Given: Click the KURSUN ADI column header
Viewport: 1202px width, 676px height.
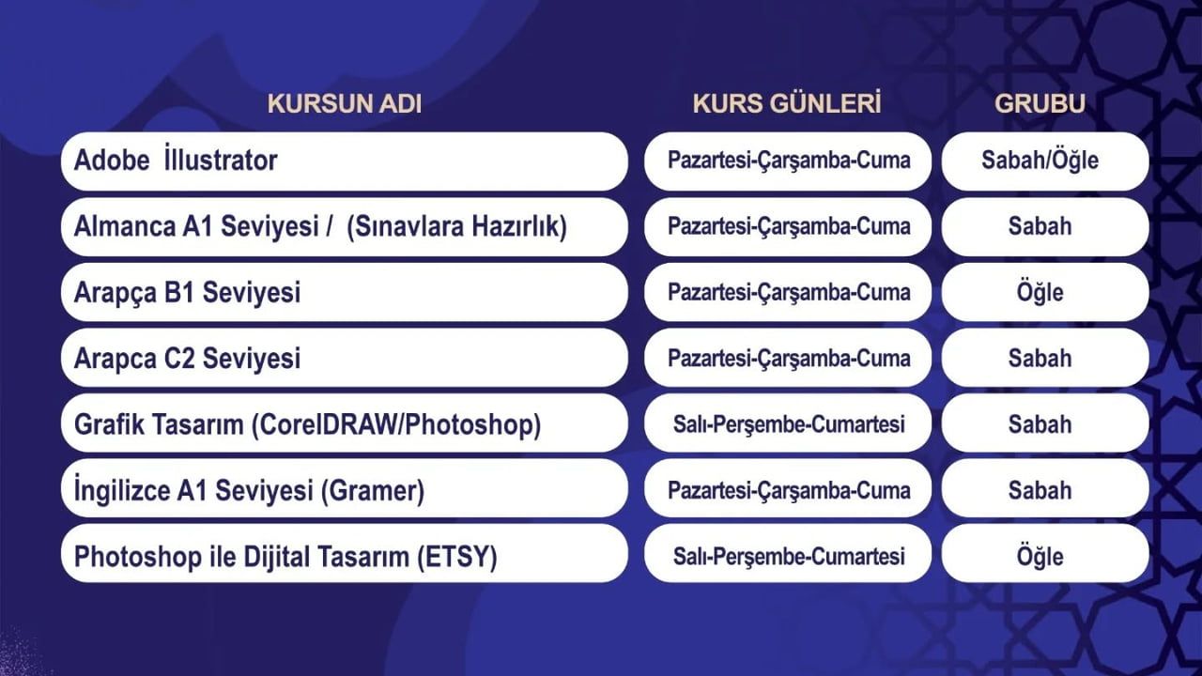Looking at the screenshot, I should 345,104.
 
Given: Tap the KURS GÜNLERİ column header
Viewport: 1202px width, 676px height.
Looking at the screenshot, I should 787,104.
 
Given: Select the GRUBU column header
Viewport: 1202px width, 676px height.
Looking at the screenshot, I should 1040,104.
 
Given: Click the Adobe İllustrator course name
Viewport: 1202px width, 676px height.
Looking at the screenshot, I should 176,161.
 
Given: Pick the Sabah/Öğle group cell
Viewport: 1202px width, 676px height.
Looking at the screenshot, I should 1040,161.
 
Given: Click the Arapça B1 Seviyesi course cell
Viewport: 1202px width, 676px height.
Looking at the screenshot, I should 188,293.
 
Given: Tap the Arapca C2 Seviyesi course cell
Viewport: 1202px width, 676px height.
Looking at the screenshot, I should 188,359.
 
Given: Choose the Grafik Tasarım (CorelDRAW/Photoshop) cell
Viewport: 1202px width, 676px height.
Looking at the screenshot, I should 307,425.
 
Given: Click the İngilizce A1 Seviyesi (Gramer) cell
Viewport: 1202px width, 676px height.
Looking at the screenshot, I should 249,491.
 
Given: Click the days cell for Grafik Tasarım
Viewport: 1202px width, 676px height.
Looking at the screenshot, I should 789,425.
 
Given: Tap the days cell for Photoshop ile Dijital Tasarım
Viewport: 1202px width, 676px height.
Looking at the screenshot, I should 789,558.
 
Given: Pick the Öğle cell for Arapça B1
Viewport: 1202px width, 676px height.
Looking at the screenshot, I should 1040,293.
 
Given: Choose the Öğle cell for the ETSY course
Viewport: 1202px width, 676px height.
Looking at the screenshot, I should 1040,558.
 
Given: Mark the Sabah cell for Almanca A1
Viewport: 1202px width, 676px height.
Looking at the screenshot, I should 1040,227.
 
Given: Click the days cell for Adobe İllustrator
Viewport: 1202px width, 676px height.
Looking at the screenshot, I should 789,161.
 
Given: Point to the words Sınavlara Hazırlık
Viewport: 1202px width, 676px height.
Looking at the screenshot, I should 456,227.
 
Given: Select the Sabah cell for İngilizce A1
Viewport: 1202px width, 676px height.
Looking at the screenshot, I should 1040,491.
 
